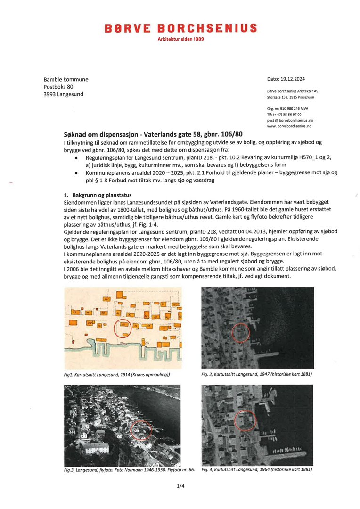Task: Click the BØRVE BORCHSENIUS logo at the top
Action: pos(181,28)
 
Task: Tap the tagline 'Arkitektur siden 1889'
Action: pos(181,39)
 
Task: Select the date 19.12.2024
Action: pos(292,79)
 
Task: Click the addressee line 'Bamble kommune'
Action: pos(66,79)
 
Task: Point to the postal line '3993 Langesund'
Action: pos(63,94)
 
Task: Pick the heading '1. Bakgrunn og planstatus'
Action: pos(98,195)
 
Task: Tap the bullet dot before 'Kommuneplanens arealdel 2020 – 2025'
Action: pos(76,173)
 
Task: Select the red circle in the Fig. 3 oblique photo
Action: pos(141,430)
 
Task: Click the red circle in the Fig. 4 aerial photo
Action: pos(245,420)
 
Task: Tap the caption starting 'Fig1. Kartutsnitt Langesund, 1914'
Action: pos(116,374)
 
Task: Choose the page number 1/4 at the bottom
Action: pos(180,486)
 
